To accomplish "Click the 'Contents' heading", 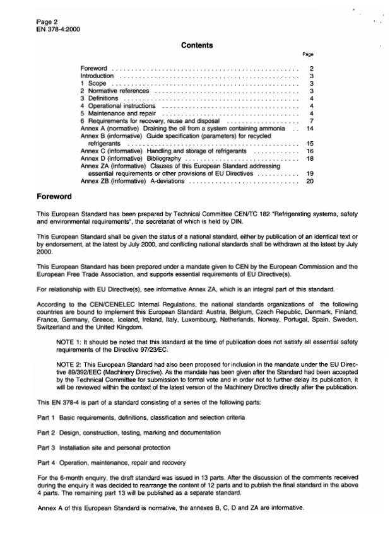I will point(197,45).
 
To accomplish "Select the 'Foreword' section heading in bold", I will point(54,197).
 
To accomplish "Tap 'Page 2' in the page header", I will point(47,22).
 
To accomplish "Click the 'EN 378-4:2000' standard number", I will point(59,29).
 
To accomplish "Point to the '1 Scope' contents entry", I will point(93,83).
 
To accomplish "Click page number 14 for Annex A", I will point(309,129).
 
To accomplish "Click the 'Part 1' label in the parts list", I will point(45,417).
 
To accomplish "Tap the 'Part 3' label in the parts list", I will point(45,448).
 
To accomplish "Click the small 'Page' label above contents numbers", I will point(308,55).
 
